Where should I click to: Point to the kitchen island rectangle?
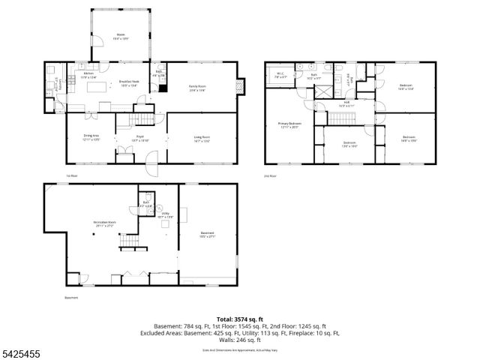coord(98,88)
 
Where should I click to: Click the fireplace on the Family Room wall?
coord(240,85)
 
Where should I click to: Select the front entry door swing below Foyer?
coord(152,158)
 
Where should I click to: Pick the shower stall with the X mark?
coord(325,91)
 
